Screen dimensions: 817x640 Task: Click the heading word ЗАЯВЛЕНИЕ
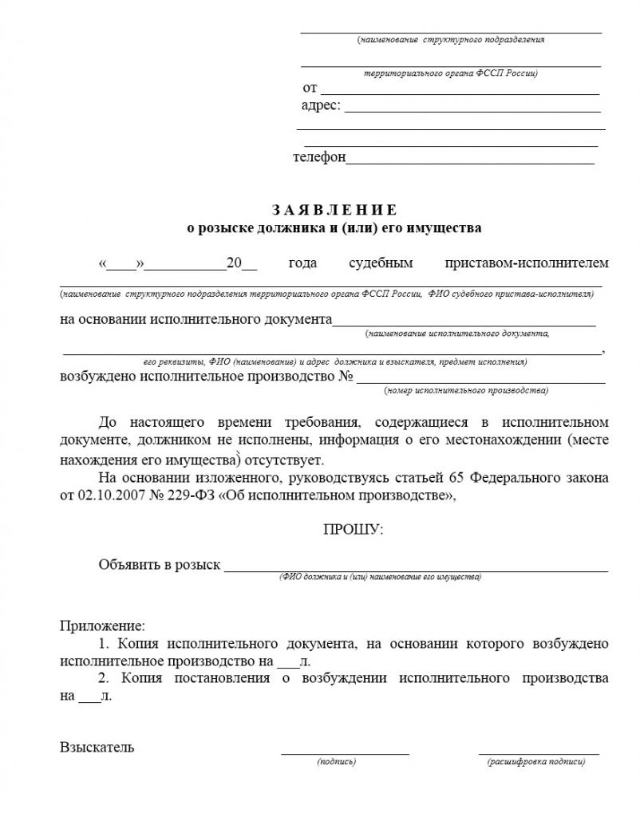pyautogui.click(x=334, y=211)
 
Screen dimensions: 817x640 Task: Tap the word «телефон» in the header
pyautogui.click(x=319, y=158)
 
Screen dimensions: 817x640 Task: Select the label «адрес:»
pyautogui.click(x=321, y=105)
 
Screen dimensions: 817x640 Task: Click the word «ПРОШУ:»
pyautogui.click(x=353, y=529)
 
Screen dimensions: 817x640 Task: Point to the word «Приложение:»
pyautogui.click(x=103, y=626)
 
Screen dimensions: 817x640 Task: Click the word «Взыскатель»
pyautogui.click(x=97, y=748)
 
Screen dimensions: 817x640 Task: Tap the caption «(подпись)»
pyautogui.click(x=336, y=762)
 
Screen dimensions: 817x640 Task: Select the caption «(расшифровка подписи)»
pyautogui.click(x=536, y=762)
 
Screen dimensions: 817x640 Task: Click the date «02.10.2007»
pyautogui.click(x=109, y=496)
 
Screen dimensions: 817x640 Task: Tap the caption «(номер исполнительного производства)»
pyautogui.click(x=466, y=391)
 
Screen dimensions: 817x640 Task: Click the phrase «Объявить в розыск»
pyautogui.click(x=159, y=565)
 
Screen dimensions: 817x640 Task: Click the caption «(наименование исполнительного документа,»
pyautogui.click(x=457, y=333)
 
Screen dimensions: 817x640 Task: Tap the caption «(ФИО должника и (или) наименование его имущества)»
pyautogui.click(x=380, y=576)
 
